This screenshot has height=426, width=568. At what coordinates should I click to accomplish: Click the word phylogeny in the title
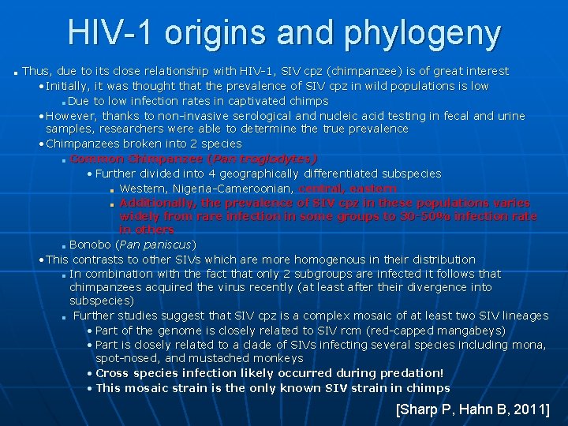click(x=422, y=33)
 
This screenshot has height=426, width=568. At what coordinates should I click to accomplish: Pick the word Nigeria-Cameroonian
click(x=236, y=189)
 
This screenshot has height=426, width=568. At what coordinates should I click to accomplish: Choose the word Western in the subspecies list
click(x=144, y=189)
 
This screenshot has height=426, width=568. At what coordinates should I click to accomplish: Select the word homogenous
click(x=298, y=260)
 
